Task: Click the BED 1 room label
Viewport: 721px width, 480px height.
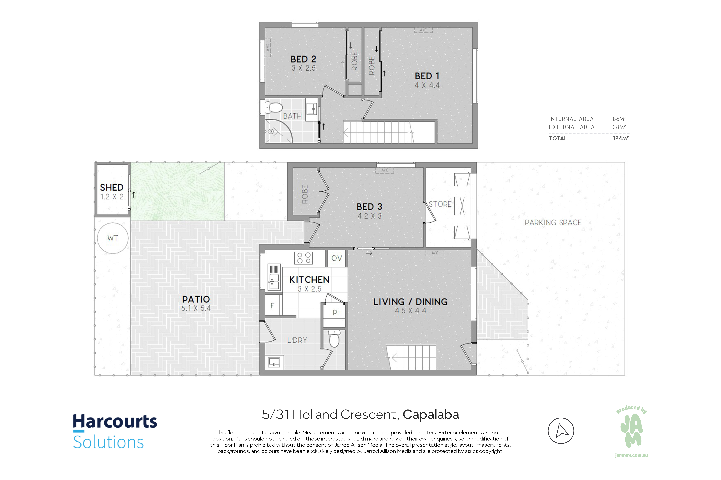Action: [427, 76]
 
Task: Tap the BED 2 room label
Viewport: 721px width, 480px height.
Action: [303, 59]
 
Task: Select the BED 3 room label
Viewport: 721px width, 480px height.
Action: [369, 207]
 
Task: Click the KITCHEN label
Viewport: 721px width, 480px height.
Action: [309, 279]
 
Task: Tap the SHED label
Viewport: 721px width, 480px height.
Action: [112, 187]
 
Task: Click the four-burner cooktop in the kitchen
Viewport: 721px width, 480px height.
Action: [303, 258]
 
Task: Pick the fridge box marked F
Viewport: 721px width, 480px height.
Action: [272, 305]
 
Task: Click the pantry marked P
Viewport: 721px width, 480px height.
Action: [335, 312]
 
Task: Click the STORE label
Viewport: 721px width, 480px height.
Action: [440, 204]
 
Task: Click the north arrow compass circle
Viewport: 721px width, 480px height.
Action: [561, 431]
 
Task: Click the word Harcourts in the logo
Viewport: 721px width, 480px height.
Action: [115, 421]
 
